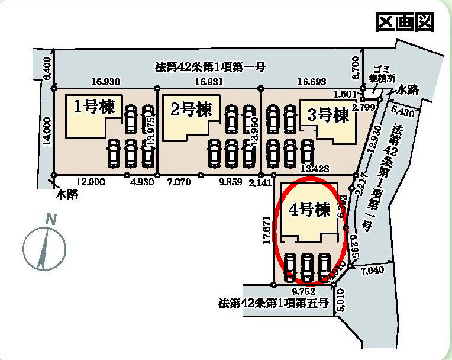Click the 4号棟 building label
pyautogui.click(x=309, y=210)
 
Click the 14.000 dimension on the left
pyautogui.click(x=48, y=131)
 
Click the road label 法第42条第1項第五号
pyautogui.click(x=273, y=304)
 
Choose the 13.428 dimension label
pyautogui.click(x=315, y=168)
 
